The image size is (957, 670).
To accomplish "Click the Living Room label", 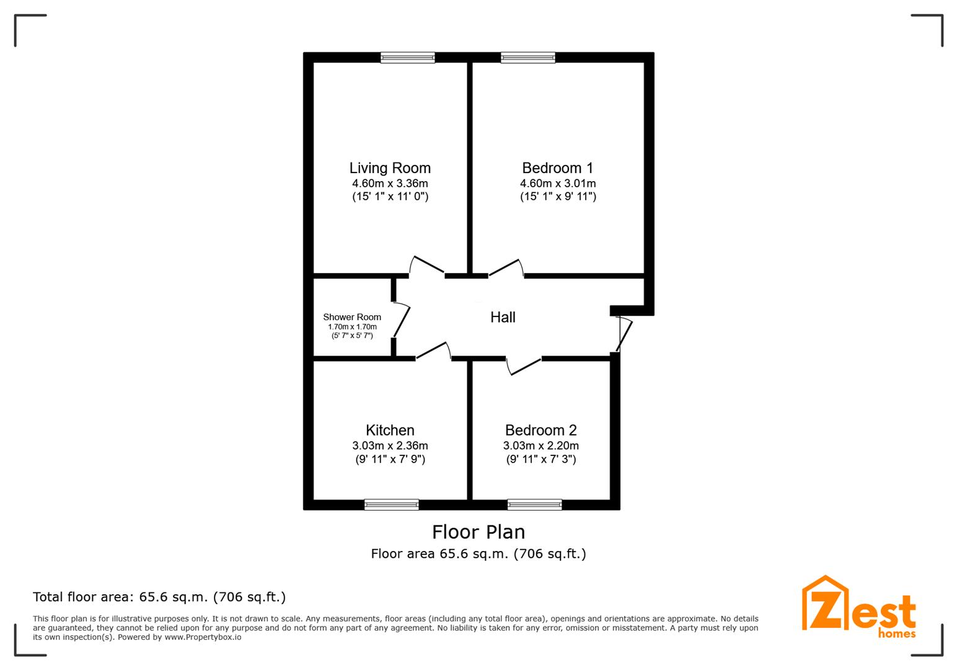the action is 390,168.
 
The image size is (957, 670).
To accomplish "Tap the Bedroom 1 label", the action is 558,168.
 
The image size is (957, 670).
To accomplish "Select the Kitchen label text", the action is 390,430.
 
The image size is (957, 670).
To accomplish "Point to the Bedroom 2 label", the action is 541,430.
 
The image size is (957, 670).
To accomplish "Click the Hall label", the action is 503,317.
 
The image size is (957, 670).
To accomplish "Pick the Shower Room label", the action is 352,317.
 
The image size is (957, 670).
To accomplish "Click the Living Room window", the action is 408,57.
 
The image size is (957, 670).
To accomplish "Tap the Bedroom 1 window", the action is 528,57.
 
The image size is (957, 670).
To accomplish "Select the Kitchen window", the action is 391,504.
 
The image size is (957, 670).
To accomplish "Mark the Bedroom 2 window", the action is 534,504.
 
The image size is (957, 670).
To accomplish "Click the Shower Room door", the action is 402,321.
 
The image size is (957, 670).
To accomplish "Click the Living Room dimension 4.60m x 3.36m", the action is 390,184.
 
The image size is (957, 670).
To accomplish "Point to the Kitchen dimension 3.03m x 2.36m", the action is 390,445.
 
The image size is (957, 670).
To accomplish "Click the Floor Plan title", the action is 478,532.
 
